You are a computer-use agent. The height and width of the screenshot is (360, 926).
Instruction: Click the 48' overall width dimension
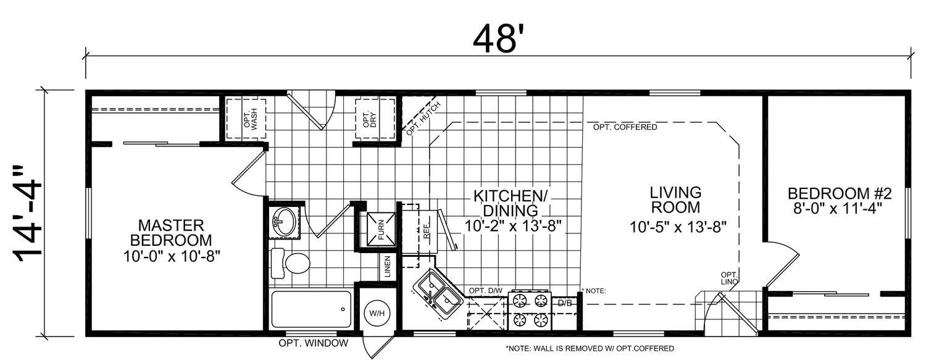point(495,39)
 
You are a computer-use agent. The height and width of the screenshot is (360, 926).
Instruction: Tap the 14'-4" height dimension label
point(29,214)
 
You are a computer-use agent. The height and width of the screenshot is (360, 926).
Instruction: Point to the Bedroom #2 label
point(839,201)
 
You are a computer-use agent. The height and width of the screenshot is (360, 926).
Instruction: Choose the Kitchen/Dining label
point(512,211)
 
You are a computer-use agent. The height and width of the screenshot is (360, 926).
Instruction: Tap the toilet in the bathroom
point(290,263)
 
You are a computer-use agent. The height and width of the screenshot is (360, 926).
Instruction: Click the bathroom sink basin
point(283,222)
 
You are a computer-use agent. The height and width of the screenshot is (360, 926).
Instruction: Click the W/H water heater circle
point(377,313)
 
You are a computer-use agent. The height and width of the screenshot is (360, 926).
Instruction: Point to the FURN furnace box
point(381,229)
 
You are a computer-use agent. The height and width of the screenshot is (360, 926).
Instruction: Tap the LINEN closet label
point(387,267)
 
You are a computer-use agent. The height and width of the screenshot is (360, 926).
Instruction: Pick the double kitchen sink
point(437,293)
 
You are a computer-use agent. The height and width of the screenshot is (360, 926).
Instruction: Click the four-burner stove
point(530,311)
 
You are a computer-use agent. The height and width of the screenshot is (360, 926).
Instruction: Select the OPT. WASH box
point(246,119)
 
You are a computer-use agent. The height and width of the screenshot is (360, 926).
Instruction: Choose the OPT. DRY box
point(375,119)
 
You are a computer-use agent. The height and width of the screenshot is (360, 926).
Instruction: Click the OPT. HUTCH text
point(423,119)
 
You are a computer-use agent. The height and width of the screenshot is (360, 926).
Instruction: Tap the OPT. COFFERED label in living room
point(625,127)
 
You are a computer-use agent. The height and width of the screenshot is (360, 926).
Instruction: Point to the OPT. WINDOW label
point(314,343)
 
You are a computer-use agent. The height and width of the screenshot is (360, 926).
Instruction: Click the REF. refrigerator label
point(427,230)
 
